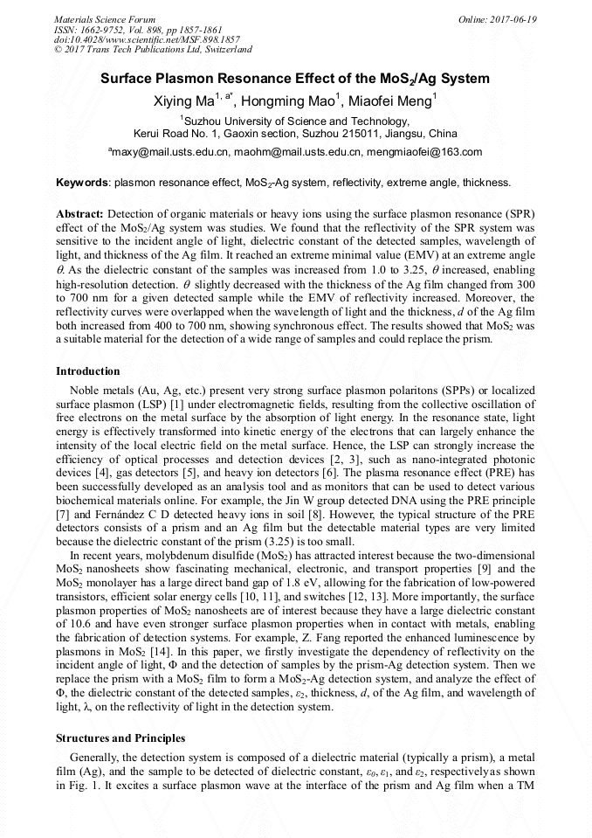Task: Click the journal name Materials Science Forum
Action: coord(105,18)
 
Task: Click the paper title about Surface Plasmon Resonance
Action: coord(295,78)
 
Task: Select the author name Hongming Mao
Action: coord(293,100)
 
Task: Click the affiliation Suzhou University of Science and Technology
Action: coord(297,121)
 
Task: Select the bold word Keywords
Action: coord(82,183)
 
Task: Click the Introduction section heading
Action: coord(87,371)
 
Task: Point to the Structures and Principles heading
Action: coord(120,738)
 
